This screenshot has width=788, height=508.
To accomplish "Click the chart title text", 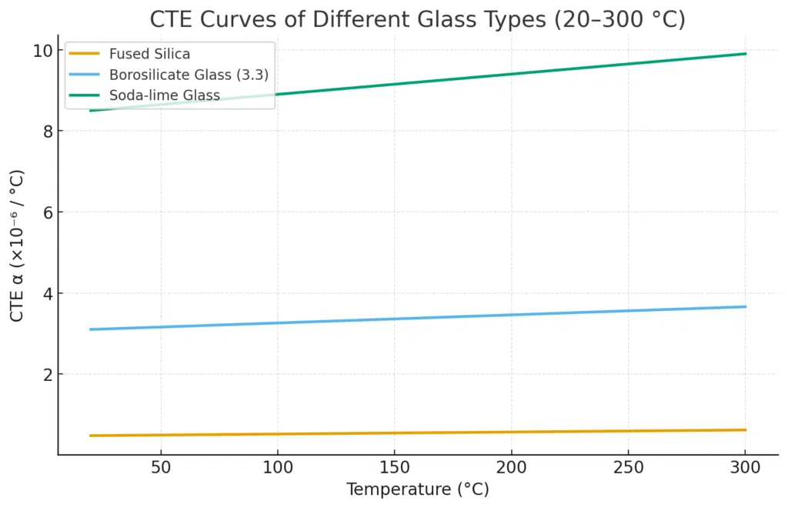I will tap(417, 18).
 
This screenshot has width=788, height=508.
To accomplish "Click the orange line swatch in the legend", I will tap(85, 53).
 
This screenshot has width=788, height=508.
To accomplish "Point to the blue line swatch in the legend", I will tap(85, 75).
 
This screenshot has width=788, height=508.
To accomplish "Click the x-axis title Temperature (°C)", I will tap(417, 490).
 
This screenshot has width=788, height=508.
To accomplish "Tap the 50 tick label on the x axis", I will tap(160, 467).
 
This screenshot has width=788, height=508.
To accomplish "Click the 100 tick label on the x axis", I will tap(277, 467).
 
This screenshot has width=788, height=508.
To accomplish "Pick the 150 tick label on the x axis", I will tap(394, 467).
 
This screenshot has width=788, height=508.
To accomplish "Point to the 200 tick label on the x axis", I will tap(511, 467).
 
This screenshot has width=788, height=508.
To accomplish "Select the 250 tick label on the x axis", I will tap(628, 467).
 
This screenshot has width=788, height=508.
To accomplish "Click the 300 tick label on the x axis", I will tap(745, 467).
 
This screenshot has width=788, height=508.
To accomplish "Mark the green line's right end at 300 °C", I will tap(746, 54).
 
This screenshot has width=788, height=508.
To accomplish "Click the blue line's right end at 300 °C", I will tap(746, 306).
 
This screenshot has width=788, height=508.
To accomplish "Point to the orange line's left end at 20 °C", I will tap(91, 436).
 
